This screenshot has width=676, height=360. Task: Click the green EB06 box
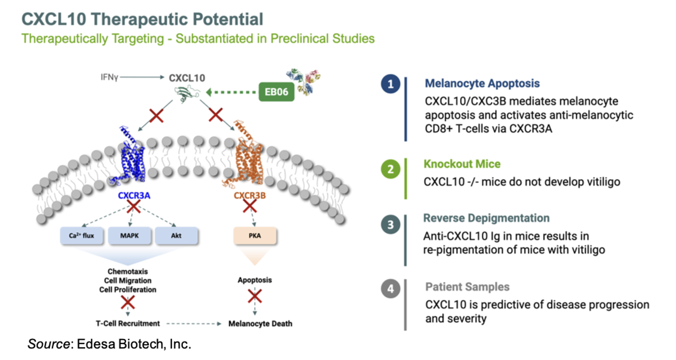pos(277,92)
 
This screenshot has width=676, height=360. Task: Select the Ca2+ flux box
pos(81,235)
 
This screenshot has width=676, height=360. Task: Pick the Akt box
pos(176,235)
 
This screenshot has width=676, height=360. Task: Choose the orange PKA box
pos(254,235)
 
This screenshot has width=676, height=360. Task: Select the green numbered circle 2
pos(390,170)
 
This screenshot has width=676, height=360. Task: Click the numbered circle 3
pos(390,224)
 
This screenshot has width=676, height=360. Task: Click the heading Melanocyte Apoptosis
pos(482,84)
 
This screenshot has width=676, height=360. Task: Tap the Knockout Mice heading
pos(462,164)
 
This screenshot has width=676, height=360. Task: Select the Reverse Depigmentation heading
pos(486,218)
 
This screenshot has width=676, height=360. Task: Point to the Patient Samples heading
pos(468,287)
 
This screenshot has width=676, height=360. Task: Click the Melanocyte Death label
pos(260,324)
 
